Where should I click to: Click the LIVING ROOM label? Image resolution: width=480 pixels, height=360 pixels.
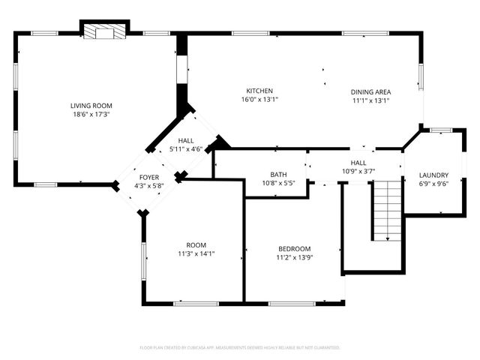tap(91, 106)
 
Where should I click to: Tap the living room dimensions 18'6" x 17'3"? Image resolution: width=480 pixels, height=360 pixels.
tap(91, 115)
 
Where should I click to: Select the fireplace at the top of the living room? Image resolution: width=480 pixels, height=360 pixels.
tap(104, 32)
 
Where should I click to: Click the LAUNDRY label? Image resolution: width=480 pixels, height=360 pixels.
tap(433, 175)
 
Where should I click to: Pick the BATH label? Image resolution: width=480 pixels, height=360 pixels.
tap(278, 174)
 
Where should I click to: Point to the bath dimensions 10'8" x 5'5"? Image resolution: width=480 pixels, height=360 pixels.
tap(278, 183)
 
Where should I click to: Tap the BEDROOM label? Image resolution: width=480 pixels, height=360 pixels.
tap(294, 248)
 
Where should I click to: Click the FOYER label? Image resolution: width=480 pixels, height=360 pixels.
tap(148, 177)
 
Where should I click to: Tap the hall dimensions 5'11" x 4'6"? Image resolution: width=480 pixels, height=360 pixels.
tap(186, 149)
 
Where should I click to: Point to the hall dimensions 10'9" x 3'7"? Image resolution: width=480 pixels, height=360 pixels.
tap(358, 171)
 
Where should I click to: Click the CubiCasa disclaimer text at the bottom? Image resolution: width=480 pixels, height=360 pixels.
tap(240, 348)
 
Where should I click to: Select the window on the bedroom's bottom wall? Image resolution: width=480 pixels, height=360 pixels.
tap(291, 304)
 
